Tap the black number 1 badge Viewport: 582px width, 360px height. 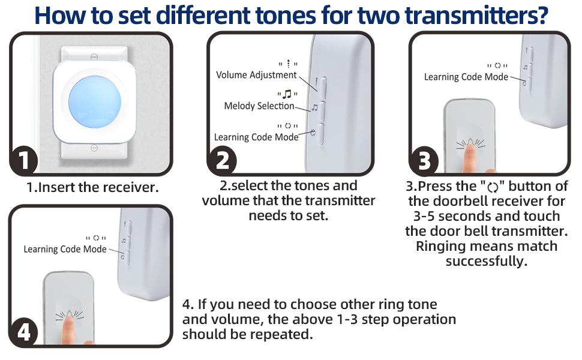tap(23, 160)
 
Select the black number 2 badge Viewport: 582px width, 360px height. tap(221, 160)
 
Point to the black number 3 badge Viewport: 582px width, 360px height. tap(424, 161)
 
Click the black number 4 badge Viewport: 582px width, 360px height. tap(23, 332)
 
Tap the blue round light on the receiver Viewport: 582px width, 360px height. tap(95, 101)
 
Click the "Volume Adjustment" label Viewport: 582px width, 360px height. tap(256, 75)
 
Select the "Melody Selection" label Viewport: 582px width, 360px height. tap(259, 106)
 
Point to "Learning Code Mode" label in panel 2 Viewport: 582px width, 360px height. tap(256, 137)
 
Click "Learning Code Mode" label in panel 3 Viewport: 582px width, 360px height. tap(466, 77)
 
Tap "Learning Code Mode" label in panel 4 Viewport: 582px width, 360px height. tap(65, 249)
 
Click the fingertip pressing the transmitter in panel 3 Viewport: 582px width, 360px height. tap(470, 148)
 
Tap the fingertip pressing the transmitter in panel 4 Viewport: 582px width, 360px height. tap(68, 320)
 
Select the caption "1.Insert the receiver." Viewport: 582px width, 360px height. tap(92, 187)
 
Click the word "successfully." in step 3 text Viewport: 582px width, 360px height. tap(486, 261)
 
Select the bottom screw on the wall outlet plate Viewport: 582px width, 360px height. tap(94, 148)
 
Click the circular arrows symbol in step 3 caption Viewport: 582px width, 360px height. tap(493, 187)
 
